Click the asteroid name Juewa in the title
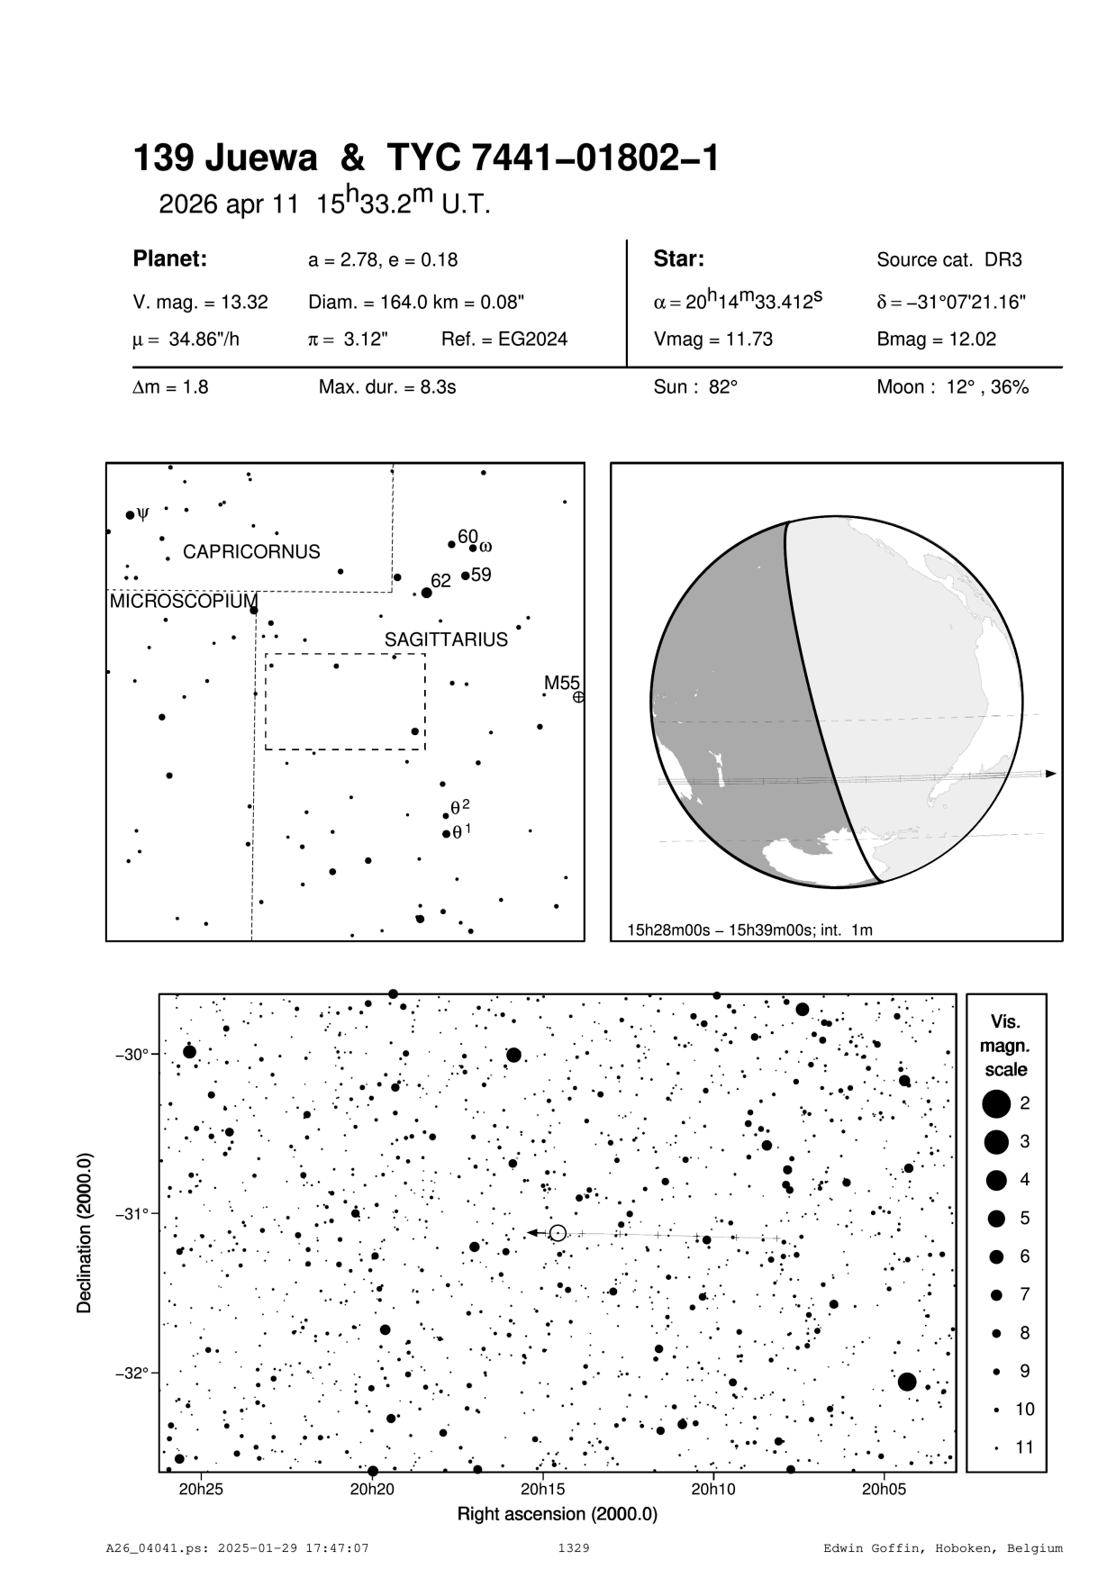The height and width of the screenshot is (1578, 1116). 262,159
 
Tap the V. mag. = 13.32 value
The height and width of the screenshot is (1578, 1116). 200,303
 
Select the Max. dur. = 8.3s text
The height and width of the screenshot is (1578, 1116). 387,387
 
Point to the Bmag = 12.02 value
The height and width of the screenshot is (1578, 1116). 936,340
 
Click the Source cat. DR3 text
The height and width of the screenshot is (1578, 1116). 948,260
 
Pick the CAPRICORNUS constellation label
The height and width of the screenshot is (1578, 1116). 251,552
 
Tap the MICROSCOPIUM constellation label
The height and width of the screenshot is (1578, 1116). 183,602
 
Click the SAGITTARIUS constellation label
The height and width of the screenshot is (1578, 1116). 446,639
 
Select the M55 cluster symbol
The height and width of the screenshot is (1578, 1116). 578,697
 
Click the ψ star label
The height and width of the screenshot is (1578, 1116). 142,514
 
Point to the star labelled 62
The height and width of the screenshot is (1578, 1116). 427,593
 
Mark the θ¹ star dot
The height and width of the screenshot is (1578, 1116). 446,834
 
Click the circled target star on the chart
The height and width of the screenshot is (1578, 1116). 558,1232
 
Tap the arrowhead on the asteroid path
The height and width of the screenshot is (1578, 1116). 532,1232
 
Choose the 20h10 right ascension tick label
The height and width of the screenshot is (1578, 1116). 713,1490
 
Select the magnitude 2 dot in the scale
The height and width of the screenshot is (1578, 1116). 996,1102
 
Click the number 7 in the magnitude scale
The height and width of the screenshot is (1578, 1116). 1025,1294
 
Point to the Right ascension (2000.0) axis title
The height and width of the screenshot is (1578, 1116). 558,1514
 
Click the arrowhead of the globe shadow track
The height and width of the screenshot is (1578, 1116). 1050,774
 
